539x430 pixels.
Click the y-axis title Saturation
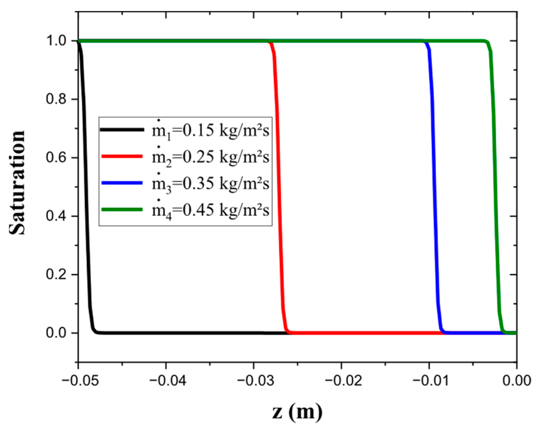[17, 183]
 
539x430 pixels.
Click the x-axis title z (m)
[297, 412]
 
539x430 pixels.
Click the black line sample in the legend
[122, 129]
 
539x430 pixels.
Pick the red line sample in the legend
[122, 156]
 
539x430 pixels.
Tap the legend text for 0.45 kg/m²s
[211, 210]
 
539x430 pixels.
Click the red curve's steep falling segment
[279, 185]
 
